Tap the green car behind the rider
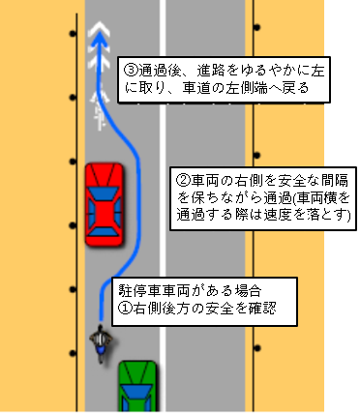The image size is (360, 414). (x=136, y=386)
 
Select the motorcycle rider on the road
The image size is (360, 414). (x=101, y=343)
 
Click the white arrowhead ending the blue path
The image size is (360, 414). (x=97, y=37)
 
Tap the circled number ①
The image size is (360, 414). (x=125, y=308)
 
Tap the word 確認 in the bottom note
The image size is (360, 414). (x=274, y=308)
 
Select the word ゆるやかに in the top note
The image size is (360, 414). (x=262, y=70)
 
